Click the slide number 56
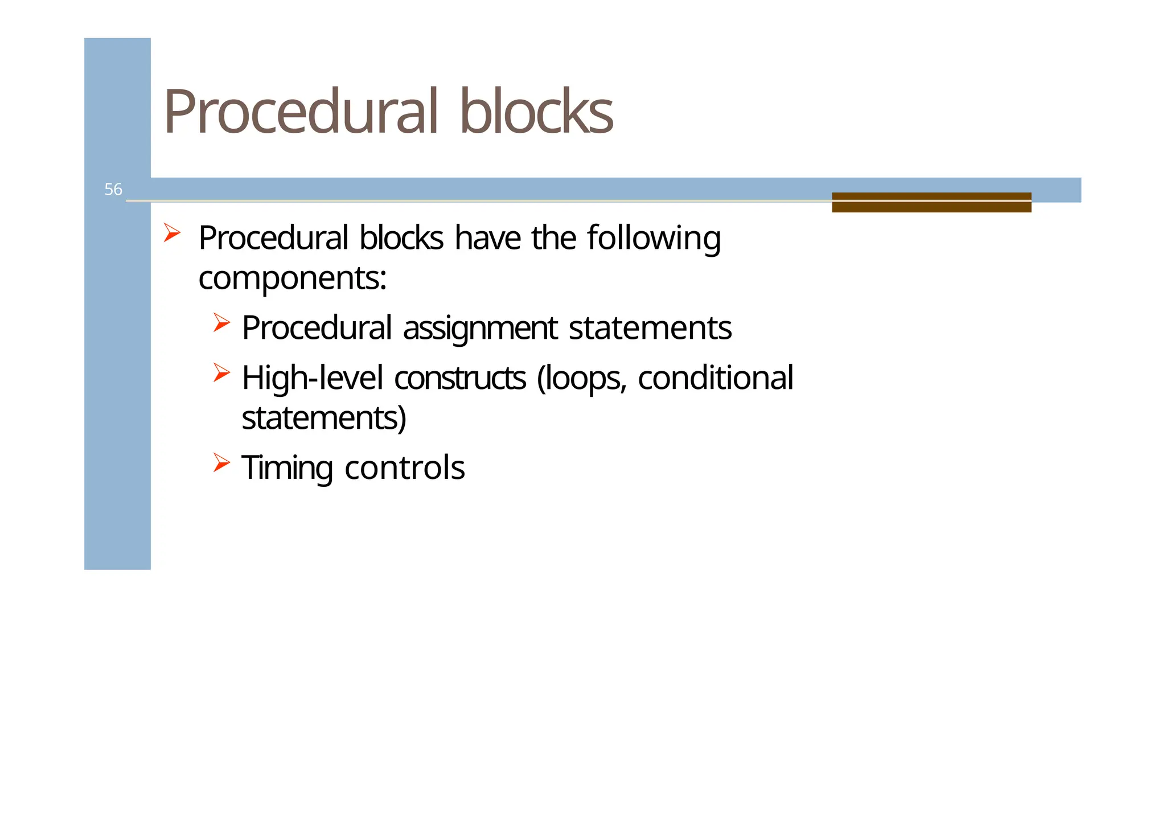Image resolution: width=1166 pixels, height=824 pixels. pyautogui.click(x=113, y=189)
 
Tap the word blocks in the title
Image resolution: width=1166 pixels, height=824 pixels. pyautogui.click(x=536, y=112)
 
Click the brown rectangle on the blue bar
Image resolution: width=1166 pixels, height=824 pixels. pyautogui.click(x=931, y=202)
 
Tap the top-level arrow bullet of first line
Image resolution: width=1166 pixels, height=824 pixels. pyautogui.click(x=172, y=233)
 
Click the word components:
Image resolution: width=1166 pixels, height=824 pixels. pyautogui.click(x=292, y=279)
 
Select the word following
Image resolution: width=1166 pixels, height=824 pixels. pyautogui.click(x=654, y=238)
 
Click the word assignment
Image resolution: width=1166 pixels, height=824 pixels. pyautogui.click(x=480, y=329)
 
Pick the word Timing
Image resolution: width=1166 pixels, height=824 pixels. pyautogui.click(x=287, y=469)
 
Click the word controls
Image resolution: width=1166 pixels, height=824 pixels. pyautogui.click(x=404, y=468)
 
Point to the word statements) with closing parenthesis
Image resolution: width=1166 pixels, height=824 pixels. pyautogui.click(x=324, y=418)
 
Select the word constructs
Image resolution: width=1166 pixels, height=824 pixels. pyautogui.click(x=459, y=379)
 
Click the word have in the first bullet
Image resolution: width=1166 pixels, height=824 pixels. pyautogui.click(x=487, y=238)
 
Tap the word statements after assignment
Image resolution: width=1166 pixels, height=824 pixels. pyautogui.click(x=650, y=329)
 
